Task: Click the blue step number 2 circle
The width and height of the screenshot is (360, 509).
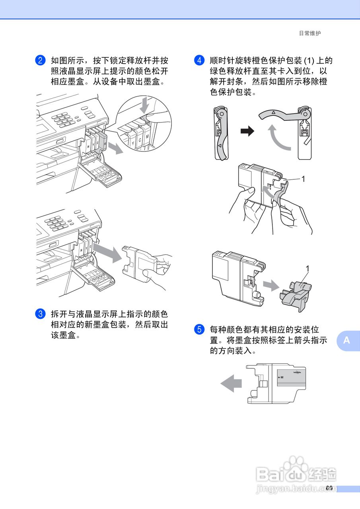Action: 40,61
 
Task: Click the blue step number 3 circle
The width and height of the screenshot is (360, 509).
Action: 40,314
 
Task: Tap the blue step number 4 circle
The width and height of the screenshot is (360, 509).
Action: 199,61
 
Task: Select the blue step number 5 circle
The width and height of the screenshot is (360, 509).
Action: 199,330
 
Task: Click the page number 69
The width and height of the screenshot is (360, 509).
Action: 329,488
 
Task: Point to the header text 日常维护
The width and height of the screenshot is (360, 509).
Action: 309,33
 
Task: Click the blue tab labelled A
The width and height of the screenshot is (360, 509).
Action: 347,340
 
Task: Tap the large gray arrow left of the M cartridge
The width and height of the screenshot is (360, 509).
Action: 231,384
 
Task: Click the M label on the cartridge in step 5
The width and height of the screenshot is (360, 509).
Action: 281,377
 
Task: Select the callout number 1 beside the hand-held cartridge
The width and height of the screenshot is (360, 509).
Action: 303,179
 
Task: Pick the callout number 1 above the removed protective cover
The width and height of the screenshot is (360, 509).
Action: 307,268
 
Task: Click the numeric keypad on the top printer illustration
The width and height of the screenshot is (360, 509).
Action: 62,119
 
